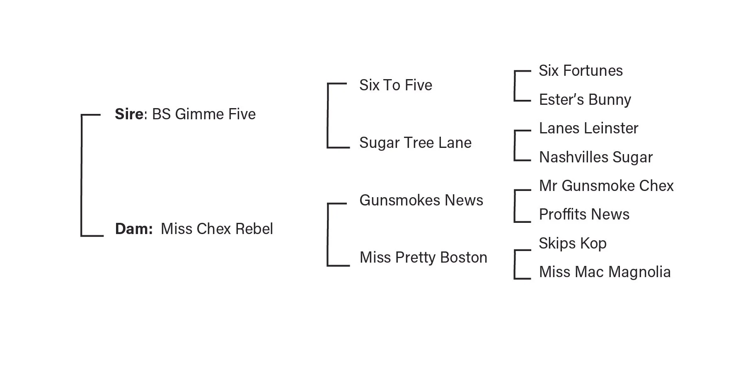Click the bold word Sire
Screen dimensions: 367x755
coord(129,114)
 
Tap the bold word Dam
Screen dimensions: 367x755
coord(133,229)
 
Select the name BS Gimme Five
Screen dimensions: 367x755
coord(204,114)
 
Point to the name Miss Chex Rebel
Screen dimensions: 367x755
coord(217,229)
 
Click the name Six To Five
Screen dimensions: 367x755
coord(396,85)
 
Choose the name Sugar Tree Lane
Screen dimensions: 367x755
coord(415,143)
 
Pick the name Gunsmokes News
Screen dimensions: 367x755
coord(421,200)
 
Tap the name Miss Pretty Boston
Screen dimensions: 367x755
coord(423,258)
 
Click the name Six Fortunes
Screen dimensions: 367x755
coord(581,71)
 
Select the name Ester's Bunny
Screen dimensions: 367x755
coord(585,100)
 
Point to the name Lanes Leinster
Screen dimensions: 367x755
coord(588,128)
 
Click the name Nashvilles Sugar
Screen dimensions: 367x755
coord(595,157)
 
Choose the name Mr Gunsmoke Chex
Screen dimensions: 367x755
coord(606,186)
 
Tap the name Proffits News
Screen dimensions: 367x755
coord(584,215)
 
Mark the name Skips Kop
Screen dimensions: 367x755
coord(572,244)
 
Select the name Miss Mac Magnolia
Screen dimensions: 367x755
coord(605,272)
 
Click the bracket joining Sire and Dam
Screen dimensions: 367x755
coord(82,175)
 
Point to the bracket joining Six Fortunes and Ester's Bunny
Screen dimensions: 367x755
coord(515,86)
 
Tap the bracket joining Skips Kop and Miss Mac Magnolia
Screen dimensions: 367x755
coord(515,264)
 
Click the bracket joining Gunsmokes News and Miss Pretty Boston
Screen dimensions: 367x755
coord(328,234)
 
